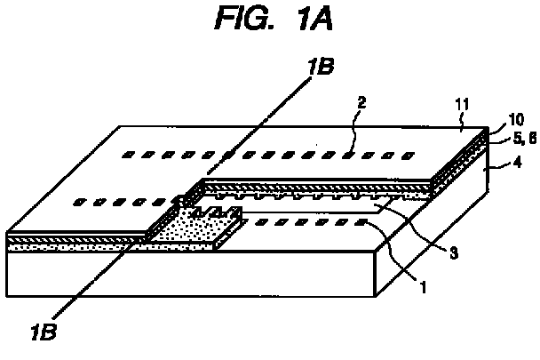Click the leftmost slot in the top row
click(129, 155)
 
